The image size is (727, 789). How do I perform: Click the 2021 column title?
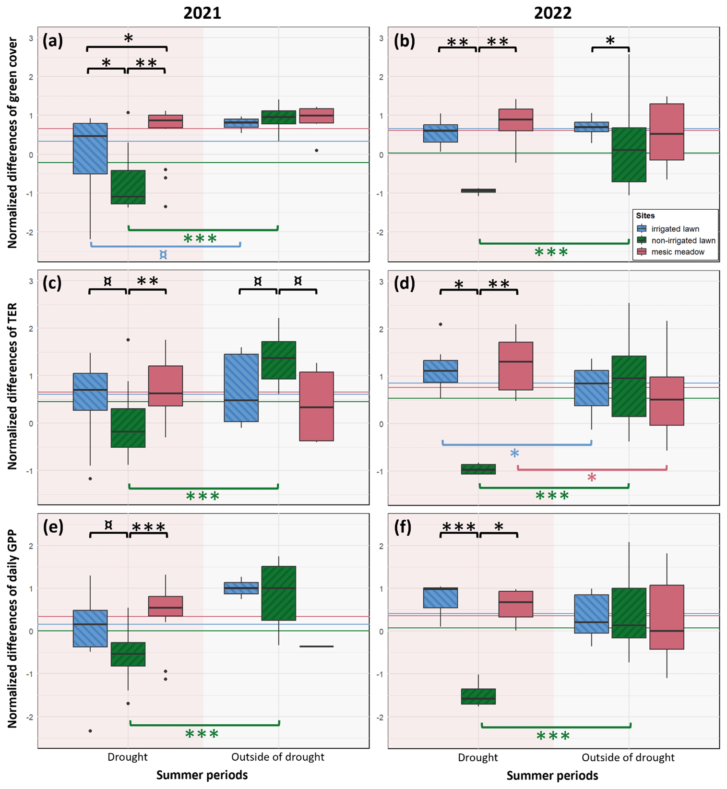(x=202, y=12)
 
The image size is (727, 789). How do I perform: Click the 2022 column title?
(x=552, y=12)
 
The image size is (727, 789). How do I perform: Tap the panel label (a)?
(x=52, y=41)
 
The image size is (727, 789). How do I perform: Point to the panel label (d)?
(x=404, y=284)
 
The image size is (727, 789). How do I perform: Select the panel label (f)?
(x=403, y=527)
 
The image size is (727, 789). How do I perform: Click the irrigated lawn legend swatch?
(x=642, y=229)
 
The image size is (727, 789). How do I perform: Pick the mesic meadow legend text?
(x=678, y=252)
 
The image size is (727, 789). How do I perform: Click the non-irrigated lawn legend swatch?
(x=642, y=240)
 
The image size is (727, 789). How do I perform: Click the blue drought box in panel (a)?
(x=90, y=148)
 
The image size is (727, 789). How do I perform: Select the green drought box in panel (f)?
(x=478, y=696)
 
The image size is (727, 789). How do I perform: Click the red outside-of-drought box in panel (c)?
(x=316, y=406)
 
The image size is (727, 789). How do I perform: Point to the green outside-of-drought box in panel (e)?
(x=278, y=593)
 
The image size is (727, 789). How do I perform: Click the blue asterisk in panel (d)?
(x=514, y=454)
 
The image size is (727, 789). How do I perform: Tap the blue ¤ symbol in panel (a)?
(x=163, y=255)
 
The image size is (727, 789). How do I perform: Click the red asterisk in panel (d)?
(x=592, y=477)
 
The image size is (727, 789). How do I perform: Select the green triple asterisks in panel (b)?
(x=551, y=252)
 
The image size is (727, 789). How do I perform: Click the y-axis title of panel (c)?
(x=12, y=386)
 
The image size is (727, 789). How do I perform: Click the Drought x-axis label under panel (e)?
(x=127, y=757)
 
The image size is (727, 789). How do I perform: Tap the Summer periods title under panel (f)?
(x=552, y=775)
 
